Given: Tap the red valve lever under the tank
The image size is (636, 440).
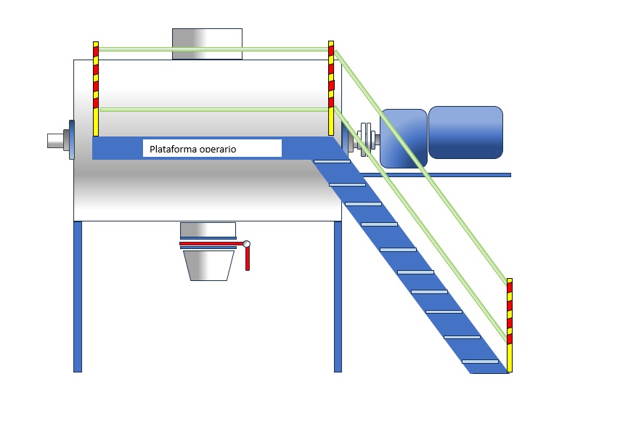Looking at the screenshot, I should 247,258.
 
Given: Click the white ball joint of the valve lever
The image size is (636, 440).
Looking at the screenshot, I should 247,244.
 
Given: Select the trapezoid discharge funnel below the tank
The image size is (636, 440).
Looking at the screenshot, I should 208,266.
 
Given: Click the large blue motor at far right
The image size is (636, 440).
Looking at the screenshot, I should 465,132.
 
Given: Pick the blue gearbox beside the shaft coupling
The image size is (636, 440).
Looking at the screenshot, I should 404,138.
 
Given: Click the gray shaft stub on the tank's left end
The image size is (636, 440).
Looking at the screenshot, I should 55,139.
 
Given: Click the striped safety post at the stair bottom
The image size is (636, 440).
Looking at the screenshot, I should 510,325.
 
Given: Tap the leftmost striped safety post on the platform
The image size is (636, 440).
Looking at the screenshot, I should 96,89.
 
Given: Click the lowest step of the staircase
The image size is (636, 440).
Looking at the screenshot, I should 480,361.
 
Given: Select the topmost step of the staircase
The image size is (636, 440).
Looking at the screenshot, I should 331,161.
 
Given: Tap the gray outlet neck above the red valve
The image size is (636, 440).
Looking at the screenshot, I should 208,229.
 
